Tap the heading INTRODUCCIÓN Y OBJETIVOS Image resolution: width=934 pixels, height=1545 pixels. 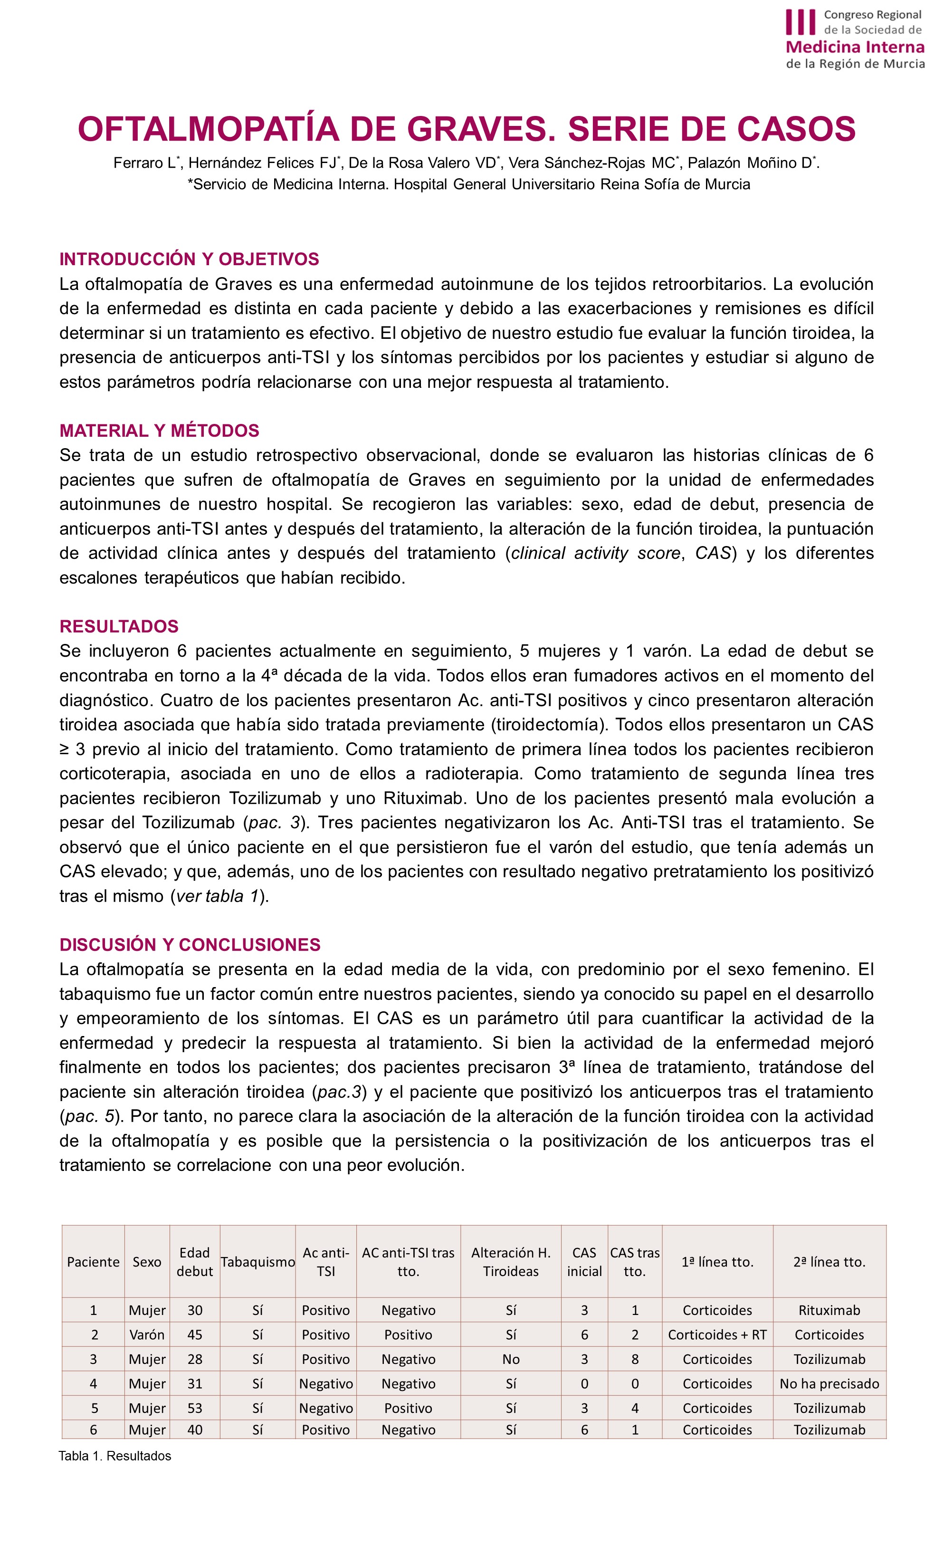click(189, 259)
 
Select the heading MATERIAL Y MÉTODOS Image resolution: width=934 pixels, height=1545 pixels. click(159, 431)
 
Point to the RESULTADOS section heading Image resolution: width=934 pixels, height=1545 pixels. click(119, 626)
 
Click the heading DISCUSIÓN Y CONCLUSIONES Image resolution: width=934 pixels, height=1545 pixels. click(190, 945)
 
